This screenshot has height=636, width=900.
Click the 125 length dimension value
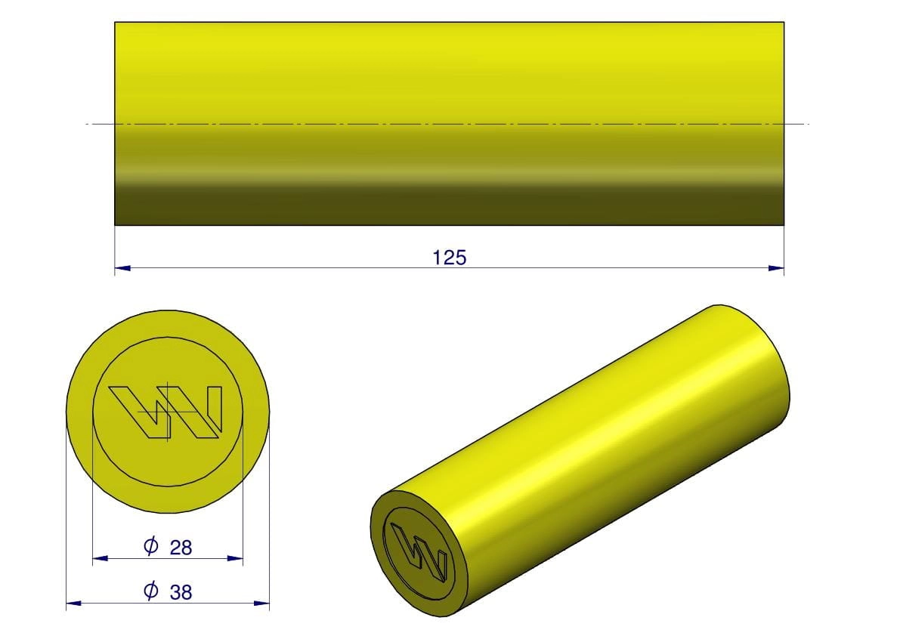coord(450,258)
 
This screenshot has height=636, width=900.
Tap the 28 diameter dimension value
coord(181,548)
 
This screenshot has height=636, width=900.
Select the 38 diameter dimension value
coord(181,592)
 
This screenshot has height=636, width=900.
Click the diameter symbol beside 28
coord(151,545)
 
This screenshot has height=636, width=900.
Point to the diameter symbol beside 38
coord(151,589)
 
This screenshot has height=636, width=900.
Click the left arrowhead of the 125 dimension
coord(123,268)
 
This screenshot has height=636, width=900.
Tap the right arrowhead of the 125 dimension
coord(776,268)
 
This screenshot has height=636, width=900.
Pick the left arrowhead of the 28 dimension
coord(101,558)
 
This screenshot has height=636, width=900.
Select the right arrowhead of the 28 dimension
coord(235,558)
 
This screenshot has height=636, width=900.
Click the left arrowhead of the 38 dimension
coord(74,603)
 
